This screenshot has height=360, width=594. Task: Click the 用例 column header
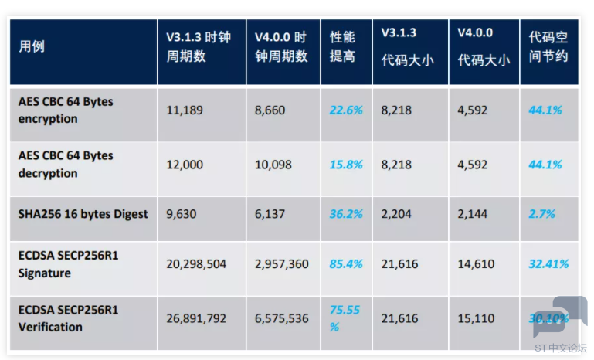[32, 46]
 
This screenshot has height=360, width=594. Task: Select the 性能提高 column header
[342, 46]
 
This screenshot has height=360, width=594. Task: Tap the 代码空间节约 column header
[548, 46]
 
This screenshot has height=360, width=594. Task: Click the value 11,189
[185, 110]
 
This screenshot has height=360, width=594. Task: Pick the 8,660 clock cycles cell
[270, 110]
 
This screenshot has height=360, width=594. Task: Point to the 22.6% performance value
[346, 110]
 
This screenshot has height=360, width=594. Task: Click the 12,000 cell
[185, 165]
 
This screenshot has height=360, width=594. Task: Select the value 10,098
[273, 165]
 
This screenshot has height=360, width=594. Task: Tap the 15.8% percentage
[346, 165]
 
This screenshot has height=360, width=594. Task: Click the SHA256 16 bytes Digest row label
[83, 214]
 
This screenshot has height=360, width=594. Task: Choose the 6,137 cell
[270, 214]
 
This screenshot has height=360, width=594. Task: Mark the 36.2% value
[346, 214]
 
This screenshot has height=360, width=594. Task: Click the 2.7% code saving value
[541, 214]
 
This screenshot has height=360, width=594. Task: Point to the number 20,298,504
[196, 264]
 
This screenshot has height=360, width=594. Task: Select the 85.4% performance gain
[346, 264]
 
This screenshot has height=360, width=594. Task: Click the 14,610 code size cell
[476, 264]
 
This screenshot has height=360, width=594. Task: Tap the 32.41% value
[548, 264]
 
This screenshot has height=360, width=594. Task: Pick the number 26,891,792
[196, 319]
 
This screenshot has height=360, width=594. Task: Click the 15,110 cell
[476, 319]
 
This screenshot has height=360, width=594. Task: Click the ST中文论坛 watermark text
[561, 348]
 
